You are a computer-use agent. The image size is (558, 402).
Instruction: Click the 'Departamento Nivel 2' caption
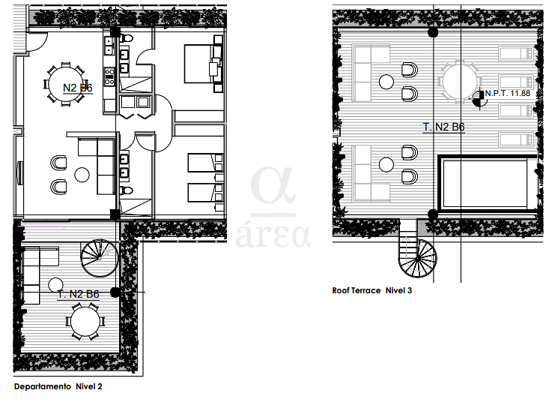click(x=58, y=386)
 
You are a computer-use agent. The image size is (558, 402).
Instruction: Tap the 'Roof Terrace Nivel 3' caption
click(x=372, y=290)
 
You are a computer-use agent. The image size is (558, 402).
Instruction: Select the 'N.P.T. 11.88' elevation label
click(x=508, y=93)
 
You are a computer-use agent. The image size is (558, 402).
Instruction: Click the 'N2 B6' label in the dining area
click(x=78, y=88)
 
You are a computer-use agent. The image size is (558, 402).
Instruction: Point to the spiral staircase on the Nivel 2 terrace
click(x=100, y=258)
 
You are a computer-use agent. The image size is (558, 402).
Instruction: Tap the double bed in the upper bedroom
click(x=203, y=64)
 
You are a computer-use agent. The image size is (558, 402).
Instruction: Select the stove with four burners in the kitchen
click(x=109, y=77)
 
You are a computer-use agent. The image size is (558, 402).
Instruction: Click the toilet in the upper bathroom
click(x=126, y=37)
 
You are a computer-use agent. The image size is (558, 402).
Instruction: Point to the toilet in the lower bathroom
click(x=126, y=190)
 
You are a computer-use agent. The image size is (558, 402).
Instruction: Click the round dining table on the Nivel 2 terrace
click(x=85, y=322)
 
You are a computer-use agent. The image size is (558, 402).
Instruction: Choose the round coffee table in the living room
click(x=82, y=175)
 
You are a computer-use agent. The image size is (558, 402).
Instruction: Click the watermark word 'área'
click(x=273, y=235)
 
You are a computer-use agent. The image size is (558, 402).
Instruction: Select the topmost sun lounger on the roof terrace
click(x=516, y=53)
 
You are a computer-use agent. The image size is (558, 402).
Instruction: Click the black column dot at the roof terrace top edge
click(x=433, y=32)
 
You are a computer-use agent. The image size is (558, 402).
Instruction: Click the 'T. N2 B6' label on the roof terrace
click(x=443, y=127)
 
